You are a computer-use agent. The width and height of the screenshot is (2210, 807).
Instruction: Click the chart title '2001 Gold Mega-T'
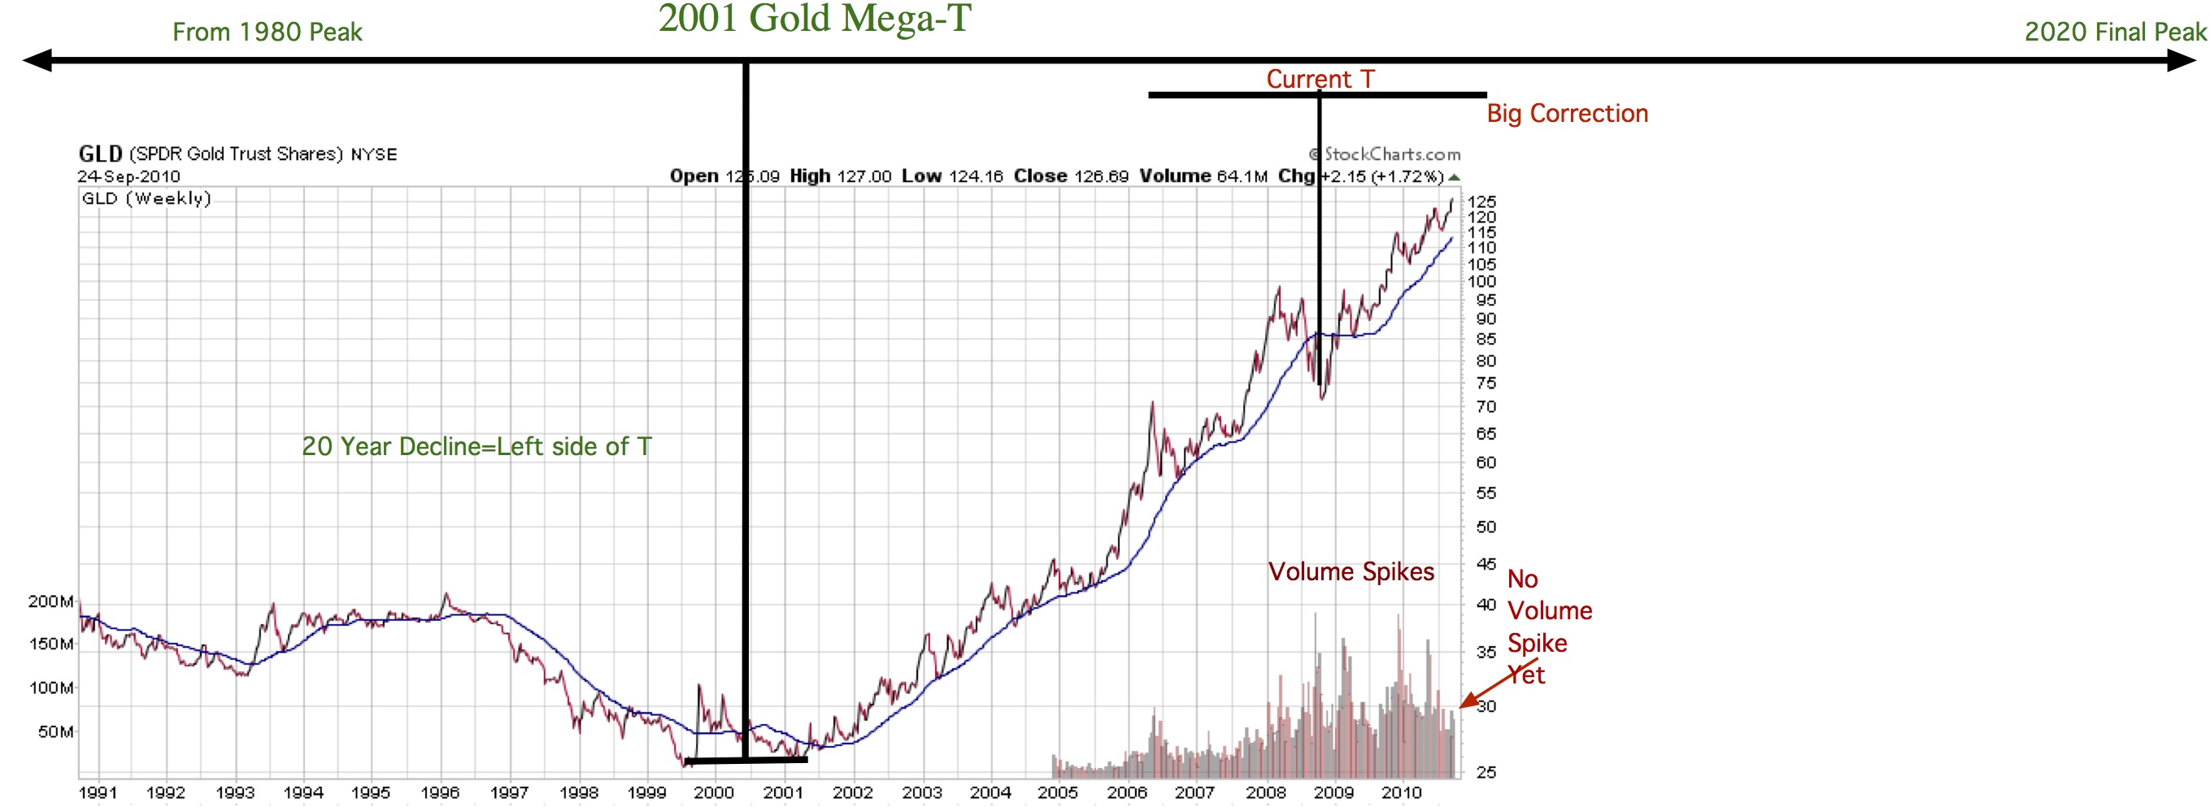tap(814, 19)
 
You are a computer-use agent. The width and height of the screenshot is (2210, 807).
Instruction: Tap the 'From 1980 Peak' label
tap(267, 33)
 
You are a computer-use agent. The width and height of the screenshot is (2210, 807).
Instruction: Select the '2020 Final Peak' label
tap(2115, 33)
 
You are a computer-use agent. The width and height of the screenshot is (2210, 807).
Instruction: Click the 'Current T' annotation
tap(1320, 79)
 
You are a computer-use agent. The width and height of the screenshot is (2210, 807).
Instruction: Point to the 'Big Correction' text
tap(1567, 113)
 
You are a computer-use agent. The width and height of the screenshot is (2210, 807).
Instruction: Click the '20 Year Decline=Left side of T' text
tap(476, 446)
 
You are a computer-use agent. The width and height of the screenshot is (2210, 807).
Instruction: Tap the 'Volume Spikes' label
tap(1351, 571)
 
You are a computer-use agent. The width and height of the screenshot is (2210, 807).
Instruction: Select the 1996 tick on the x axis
tap(439, 792)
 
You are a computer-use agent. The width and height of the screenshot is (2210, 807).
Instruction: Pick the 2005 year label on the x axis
tap(1057, 792)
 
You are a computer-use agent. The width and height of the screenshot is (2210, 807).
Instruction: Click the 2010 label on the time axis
tap(1401, 792)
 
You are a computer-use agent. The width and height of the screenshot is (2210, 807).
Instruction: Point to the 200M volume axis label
tap(50, 601)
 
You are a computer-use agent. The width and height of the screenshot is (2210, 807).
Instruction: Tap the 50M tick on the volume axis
tap(56, 731)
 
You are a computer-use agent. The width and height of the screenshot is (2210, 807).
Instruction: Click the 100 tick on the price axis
tap(1481, 281)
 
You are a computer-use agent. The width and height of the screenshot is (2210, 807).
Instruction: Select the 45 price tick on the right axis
tap(1486, 563)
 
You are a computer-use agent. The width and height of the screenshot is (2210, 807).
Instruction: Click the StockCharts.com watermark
tap(1385, 154)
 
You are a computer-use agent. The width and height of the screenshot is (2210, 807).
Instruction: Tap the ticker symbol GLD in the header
tap(100, 154)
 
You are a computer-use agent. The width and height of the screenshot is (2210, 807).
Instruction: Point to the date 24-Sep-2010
tap(128, 176)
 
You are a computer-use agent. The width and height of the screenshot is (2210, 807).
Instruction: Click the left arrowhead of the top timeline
tap(36, 60)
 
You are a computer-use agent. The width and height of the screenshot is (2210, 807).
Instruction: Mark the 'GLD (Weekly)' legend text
tap(146, 198)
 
